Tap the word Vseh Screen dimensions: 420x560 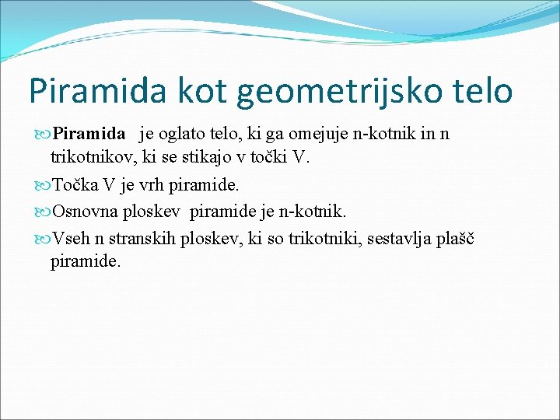click(x=71, y=238)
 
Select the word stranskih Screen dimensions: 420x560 click(x=146, y=238)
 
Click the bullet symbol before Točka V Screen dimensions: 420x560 click(x=43, y=186)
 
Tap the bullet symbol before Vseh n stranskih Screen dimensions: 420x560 click(x=43, y=238)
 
